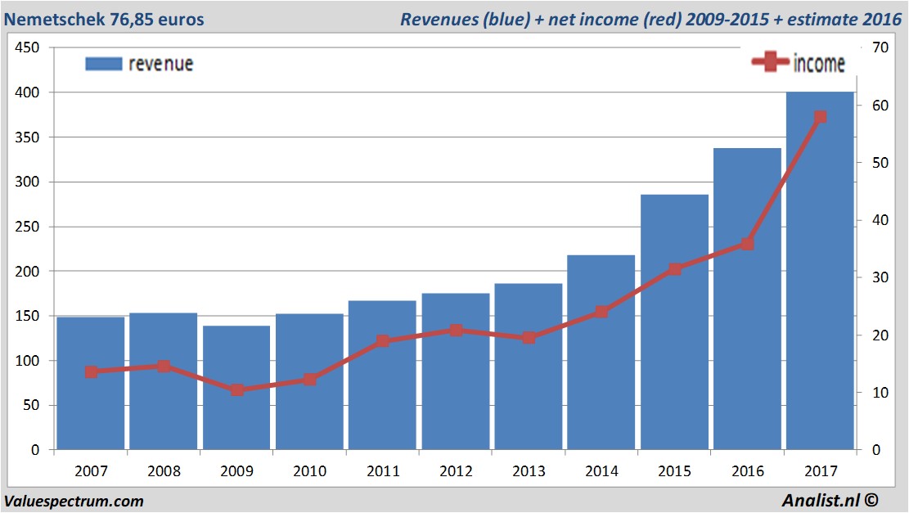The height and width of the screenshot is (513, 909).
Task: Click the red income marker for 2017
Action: pyautogui.click(x=821, y=117)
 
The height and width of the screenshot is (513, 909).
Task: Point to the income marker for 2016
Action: pyautogui.click(x=747, y=244)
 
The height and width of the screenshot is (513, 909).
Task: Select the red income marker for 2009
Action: pyautogui.click(x=237, y=390)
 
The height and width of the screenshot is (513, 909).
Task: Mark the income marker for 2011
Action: pyautogui.click(x=383, y=341)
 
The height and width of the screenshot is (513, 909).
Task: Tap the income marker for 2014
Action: pyautogui.click(x=601, y=312)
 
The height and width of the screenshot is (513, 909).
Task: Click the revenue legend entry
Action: pyautogui.click(x=140, y=64)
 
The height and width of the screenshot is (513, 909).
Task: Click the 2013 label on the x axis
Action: pyautogui.click(x=529, y=472)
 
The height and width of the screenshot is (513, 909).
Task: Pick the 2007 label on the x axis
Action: pyautogui.click(x=91, y=472)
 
